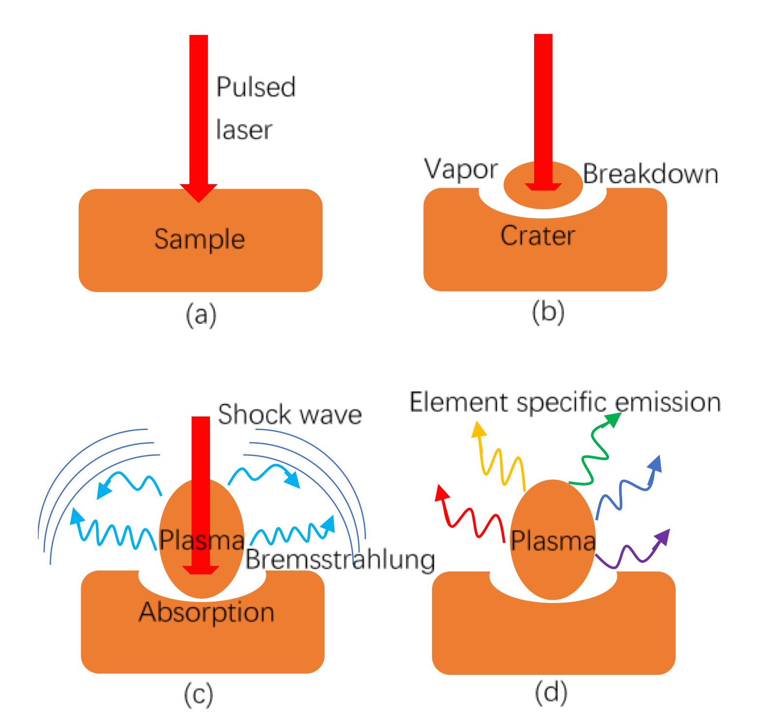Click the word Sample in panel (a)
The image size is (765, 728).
(199, 239)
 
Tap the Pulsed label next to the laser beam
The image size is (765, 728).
(256, 87)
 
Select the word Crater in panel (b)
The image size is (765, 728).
(538, 236)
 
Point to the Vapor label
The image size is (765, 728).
(461, 170)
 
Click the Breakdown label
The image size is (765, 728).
(650, 174)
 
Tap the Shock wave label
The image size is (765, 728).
(290, 415)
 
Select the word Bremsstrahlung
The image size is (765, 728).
(340, 559)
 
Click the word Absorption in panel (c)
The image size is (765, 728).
(207, 612)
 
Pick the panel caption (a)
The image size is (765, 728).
(201, 315)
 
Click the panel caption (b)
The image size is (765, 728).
(548, 312)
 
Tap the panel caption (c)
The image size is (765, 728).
(198, 695)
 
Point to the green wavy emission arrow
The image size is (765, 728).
(593, 452)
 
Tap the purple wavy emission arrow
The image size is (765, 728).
(632, 552)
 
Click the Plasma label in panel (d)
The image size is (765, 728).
(553, 540)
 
